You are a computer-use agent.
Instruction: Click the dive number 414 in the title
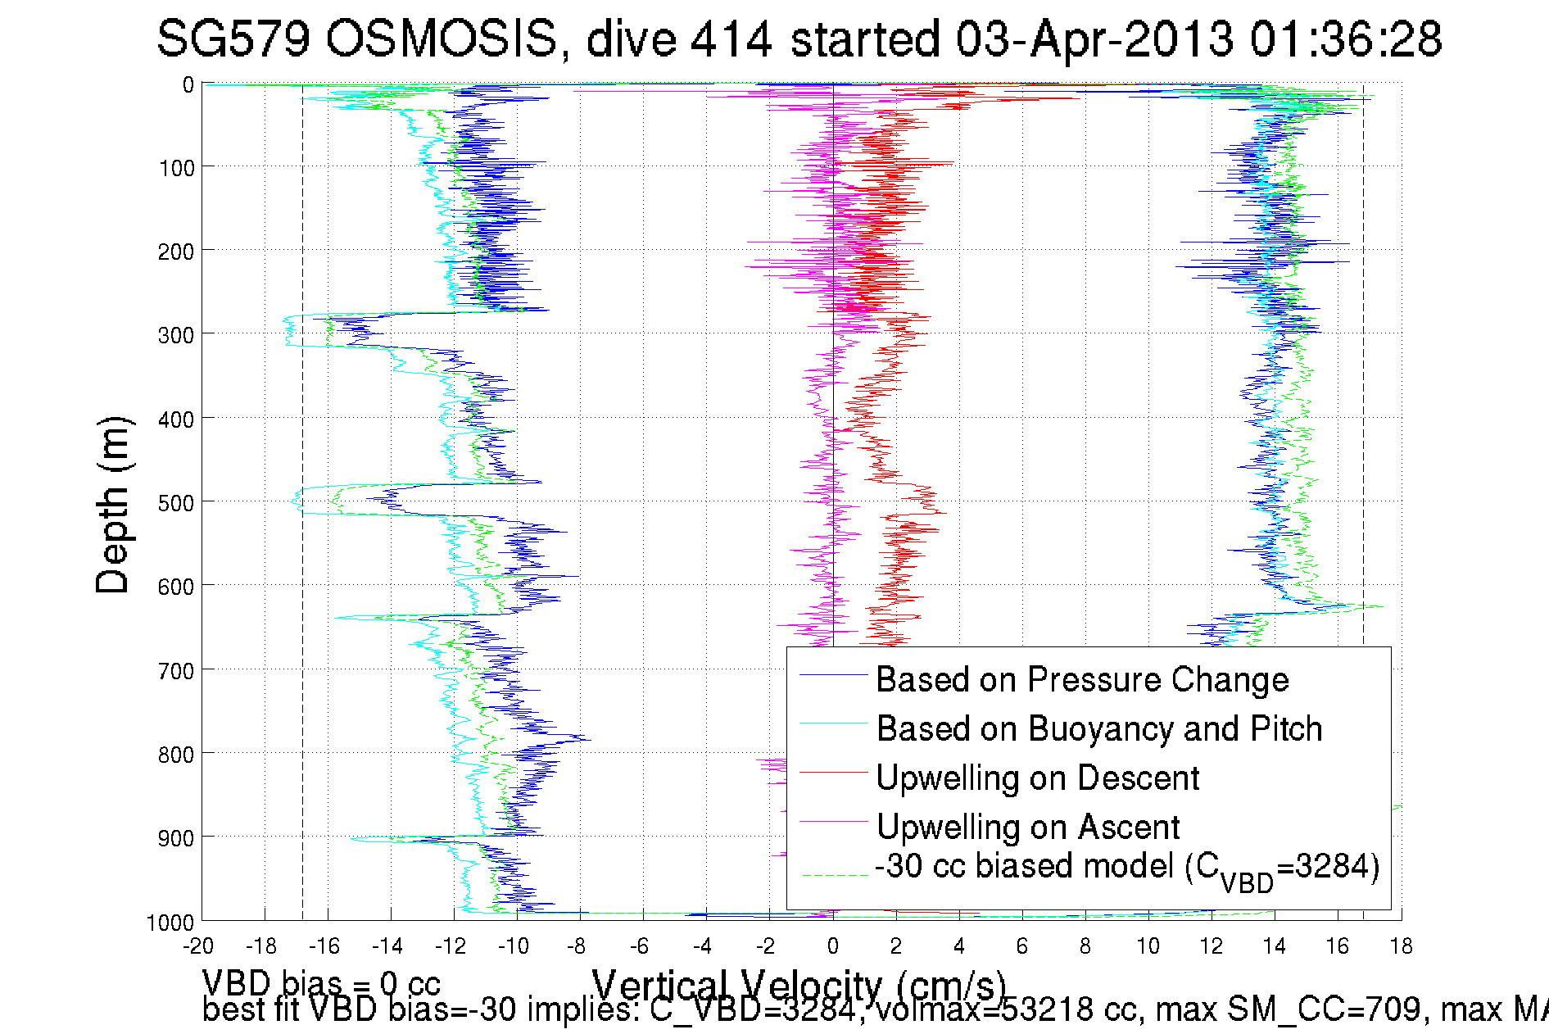[731, 39]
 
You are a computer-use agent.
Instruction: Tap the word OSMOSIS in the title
[442, 39]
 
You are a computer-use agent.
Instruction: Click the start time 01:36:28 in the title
[1345, 39]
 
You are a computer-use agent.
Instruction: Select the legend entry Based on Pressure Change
[1082, 679]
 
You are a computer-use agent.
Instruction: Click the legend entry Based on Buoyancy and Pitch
[1098, 728]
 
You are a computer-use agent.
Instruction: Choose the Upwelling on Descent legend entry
[1037, 778]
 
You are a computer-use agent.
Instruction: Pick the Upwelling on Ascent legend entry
[1027, 827]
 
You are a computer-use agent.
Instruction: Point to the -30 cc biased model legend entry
[1127, 868]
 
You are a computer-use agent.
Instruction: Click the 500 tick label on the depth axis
[176, 503]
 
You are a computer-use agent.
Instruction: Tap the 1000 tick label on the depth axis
[170, 923]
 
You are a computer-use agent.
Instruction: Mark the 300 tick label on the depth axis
[176, 335]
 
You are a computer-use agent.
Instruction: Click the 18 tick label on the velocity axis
[1401, 946]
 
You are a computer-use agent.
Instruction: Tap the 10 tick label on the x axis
[1148, 946]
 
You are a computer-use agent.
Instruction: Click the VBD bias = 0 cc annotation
[321, 982]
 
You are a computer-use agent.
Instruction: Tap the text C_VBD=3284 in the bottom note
[752, 1009]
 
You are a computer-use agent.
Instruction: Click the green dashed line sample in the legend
[834, 875]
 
